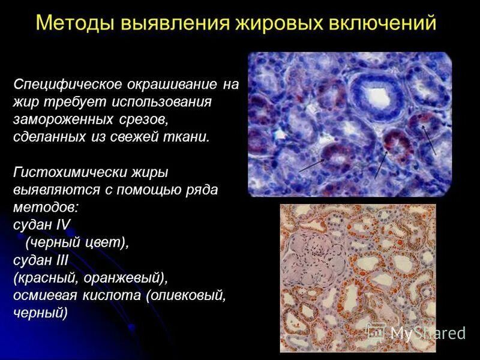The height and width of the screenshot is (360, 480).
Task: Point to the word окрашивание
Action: [174, 84]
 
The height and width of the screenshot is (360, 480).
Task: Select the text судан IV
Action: [41, 226]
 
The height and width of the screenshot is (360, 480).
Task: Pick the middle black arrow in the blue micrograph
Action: [380, 165]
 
